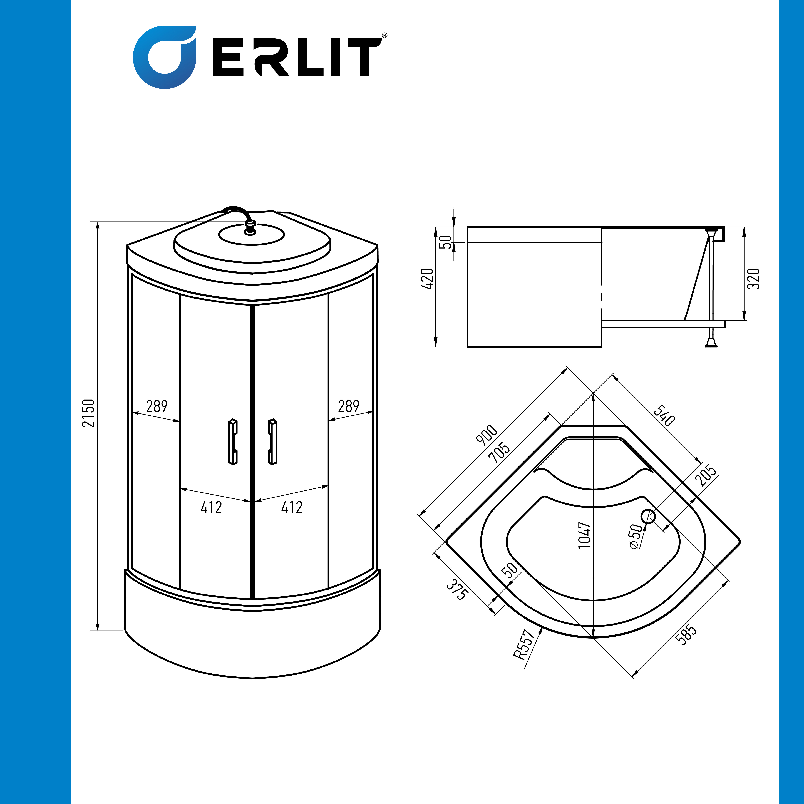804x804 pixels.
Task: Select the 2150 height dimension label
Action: (88, 413)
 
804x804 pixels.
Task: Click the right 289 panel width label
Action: (349, 406)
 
